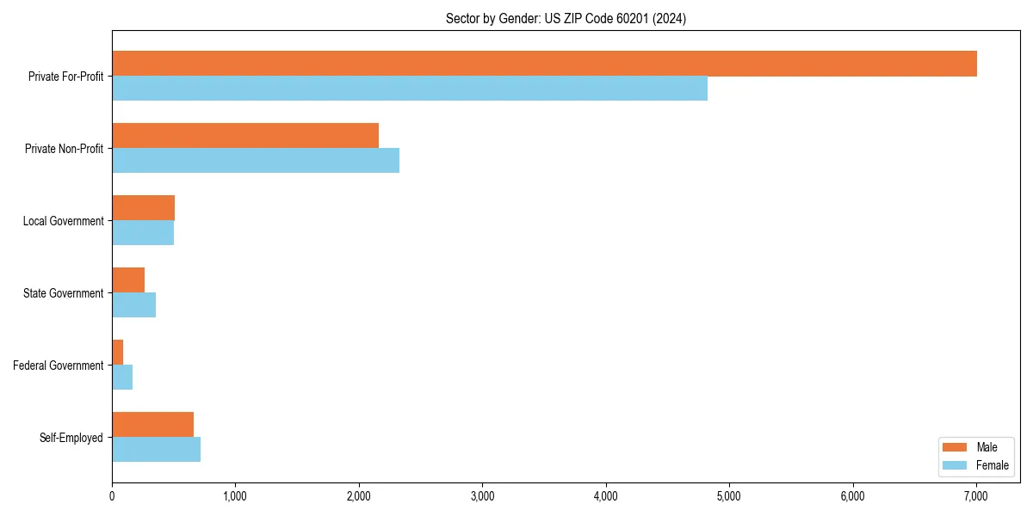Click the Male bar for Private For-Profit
click(544, 64)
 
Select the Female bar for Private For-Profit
click(410, 89)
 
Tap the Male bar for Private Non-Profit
click(245, 136)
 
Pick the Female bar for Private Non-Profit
click(256, 161)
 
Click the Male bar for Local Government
click(143, 208)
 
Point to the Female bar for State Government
click(133, 305)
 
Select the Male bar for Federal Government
click(118, 353)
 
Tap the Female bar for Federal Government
click(122, 378)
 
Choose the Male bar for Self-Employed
click(152, 425)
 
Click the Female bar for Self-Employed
click(156, 450)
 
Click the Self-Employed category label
click(71, 438)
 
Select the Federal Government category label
click(59, 365)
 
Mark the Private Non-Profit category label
click(64, 149)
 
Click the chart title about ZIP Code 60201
click(566, 19)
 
